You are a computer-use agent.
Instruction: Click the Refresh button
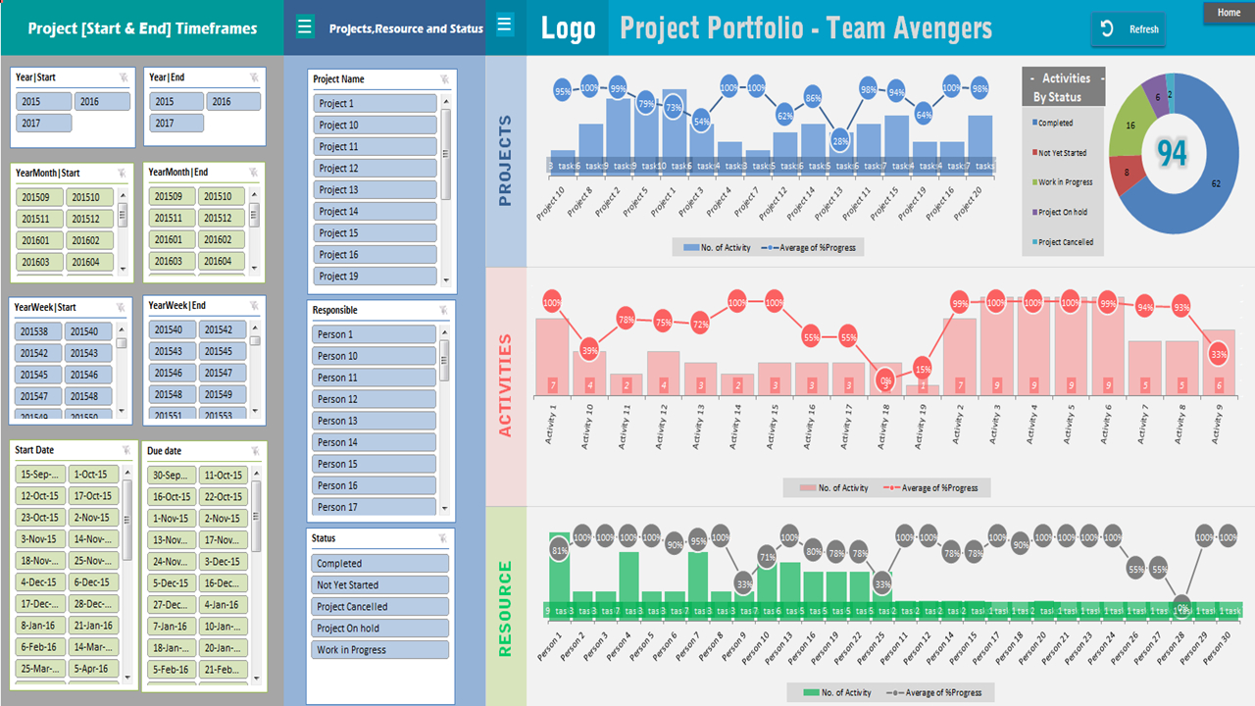point(1129,29)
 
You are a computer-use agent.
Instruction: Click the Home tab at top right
point(1229,13)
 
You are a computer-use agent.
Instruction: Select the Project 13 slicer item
point(375,190)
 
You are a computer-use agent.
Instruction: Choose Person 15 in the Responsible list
point(375,464)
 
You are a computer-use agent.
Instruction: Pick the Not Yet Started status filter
point(380,585)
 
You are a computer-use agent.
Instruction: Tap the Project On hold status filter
point(380,629)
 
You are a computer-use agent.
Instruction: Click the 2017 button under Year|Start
point(43,124)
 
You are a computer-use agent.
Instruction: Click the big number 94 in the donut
point(1171,153)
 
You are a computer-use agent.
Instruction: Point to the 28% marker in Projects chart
point(840,141)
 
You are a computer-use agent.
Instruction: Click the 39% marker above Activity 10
point(589,350)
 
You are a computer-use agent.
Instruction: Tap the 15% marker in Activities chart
point(923,370)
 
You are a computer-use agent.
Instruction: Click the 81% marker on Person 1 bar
point(559,551)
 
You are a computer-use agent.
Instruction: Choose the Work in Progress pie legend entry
point(1065,182)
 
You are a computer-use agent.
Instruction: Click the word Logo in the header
point(568,28)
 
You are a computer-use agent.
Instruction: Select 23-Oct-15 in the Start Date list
point(40,518)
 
